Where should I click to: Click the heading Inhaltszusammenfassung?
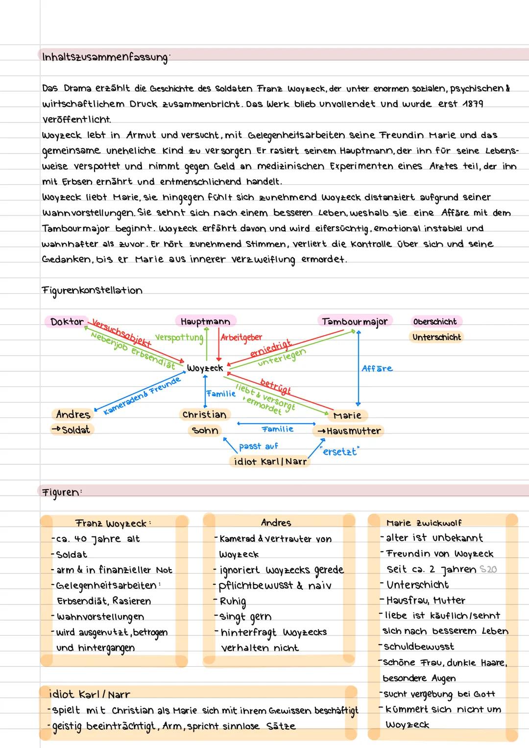104,57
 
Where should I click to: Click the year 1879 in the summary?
472,104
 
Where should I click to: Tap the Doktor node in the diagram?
68,322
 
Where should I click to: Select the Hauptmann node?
205,321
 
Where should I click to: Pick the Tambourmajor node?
355,321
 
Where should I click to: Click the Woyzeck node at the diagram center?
205,368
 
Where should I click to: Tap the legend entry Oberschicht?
435,322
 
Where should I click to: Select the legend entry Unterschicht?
436,337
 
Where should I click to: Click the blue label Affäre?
377,368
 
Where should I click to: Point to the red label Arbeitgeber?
241,338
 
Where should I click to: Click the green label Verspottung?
179,338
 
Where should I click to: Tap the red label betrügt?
275,386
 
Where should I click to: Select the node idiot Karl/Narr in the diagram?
270,461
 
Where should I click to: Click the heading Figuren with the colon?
62,492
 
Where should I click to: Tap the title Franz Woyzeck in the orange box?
113,523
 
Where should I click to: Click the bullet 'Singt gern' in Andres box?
246,617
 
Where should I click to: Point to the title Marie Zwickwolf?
424,523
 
